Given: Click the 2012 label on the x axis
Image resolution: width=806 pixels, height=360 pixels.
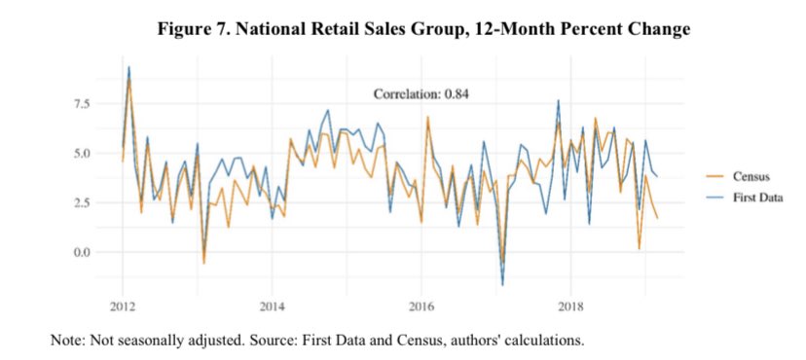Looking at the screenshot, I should [123, 306].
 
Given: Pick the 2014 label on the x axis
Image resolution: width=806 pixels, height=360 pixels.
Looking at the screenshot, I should [272, 306].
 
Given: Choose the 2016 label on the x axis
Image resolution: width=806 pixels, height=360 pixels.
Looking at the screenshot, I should [421, 306].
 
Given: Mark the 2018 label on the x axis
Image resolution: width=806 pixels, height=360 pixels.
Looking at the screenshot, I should [570, 306].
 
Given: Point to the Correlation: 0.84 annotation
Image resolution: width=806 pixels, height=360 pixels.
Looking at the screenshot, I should [422, 94].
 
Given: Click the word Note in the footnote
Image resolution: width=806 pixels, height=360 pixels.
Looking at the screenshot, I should [68, 341].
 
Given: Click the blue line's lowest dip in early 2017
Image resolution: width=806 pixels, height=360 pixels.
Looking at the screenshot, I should [503, 284].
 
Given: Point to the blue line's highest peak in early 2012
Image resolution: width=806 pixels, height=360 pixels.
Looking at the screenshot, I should [128, 67].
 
